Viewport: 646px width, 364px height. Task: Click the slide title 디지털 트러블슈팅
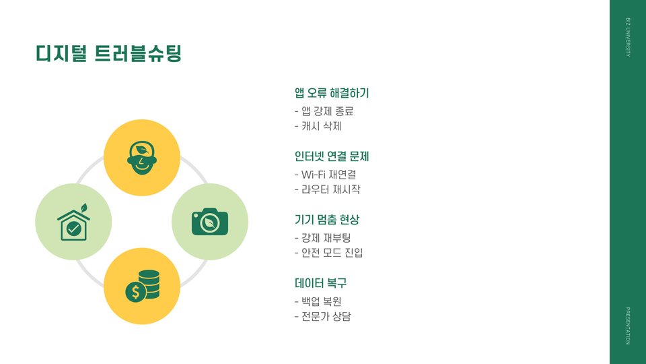click(108, 54)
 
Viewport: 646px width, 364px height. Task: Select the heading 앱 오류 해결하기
click(332, 93)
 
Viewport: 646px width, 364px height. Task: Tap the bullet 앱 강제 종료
click(324, 111)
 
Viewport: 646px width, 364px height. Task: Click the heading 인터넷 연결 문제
click(332, 156)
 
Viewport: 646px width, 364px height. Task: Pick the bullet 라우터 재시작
click(328, 189)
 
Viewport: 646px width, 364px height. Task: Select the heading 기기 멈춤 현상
click(327, 220)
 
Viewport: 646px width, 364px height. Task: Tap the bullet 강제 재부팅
click(323, 238)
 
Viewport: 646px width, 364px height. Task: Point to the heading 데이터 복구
click(320, 283)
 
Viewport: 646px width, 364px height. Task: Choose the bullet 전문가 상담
click(323, 315)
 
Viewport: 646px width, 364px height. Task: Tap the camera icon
click(210, 222)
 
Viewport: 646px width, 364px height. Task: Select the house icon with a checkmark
click(73, 225)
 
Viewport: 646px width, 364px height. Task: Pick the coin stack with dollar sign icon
click(143, 286)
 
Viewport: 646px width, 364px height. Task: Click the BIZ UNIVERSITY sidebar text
click(628, 38)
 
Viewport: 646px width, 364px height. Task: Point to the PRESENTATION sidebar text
click(628, 326)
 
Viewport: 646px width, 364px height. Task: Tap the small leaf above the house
click(83, 208)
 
